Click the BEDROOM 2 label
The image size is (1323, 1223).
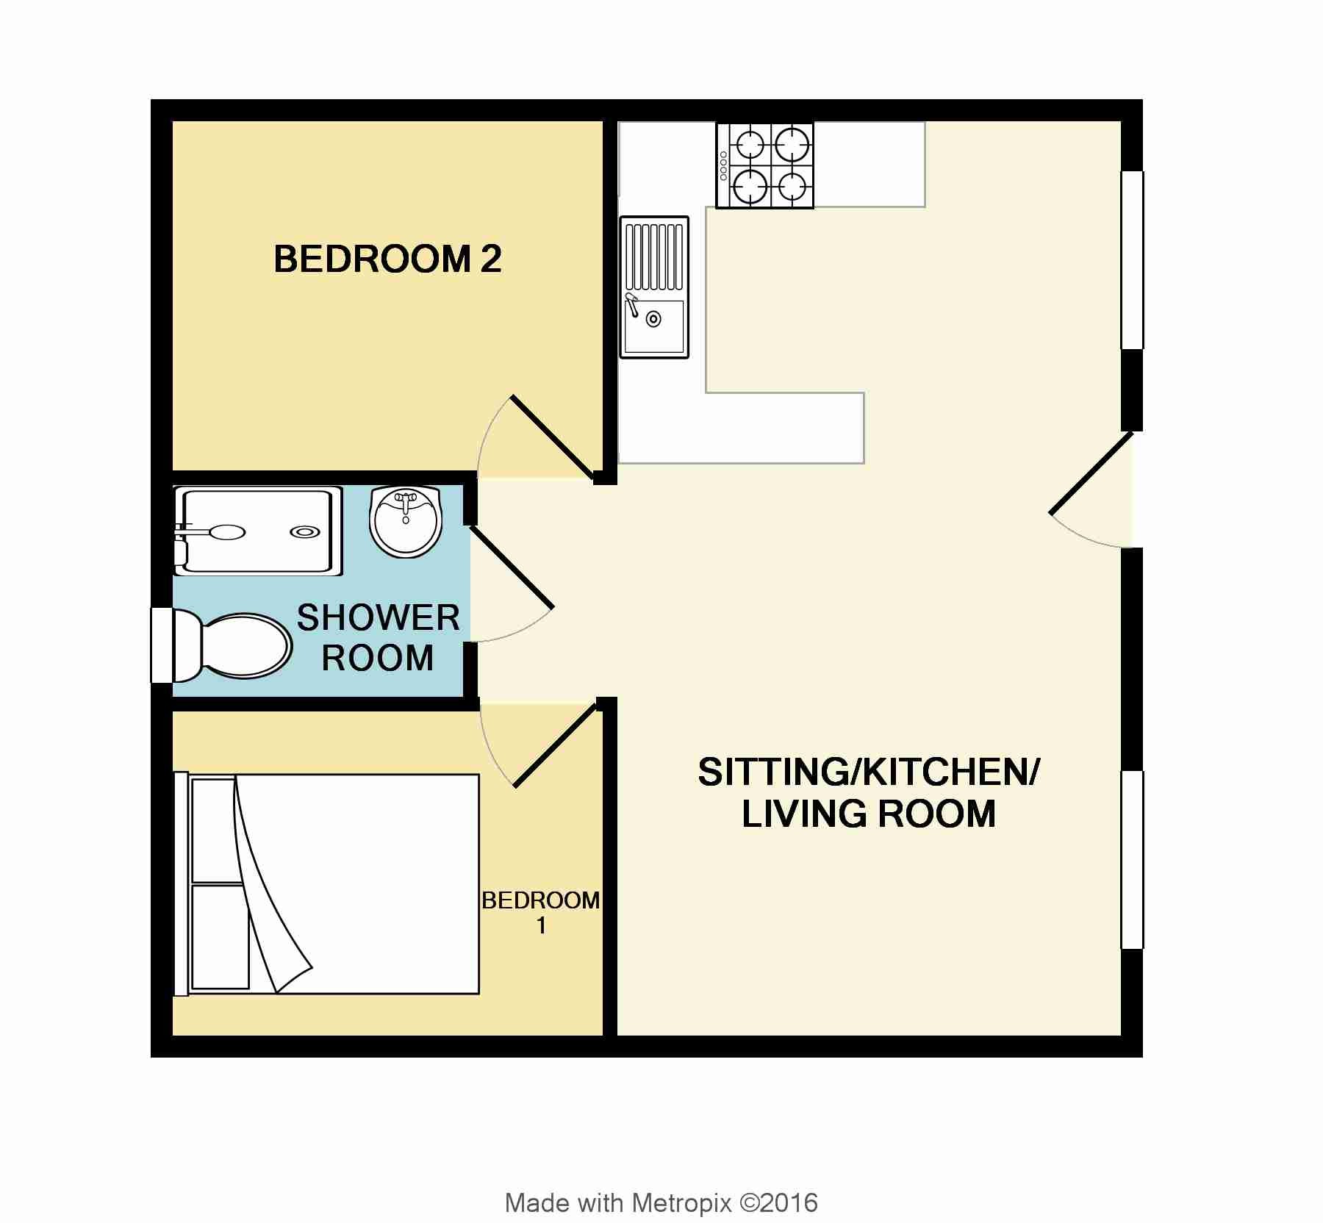387,259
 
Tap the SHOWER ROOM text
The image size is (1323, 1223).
378,637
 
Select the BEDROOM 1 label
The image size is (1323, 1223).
541,912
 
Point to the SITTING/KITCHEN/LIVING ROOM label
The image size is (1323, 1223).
869,793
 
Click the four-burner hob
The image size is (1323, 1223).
765,165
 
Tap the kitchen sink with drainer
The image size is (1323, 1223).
654,287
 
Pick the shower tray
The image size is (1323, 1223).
257,530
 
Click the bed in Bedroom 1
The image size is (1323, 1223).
327,883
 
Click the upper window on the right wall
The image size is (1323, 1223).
1132,260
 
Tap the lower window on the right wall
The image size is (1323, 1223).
1132,860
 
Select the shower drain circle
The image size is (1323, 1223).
305,531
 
